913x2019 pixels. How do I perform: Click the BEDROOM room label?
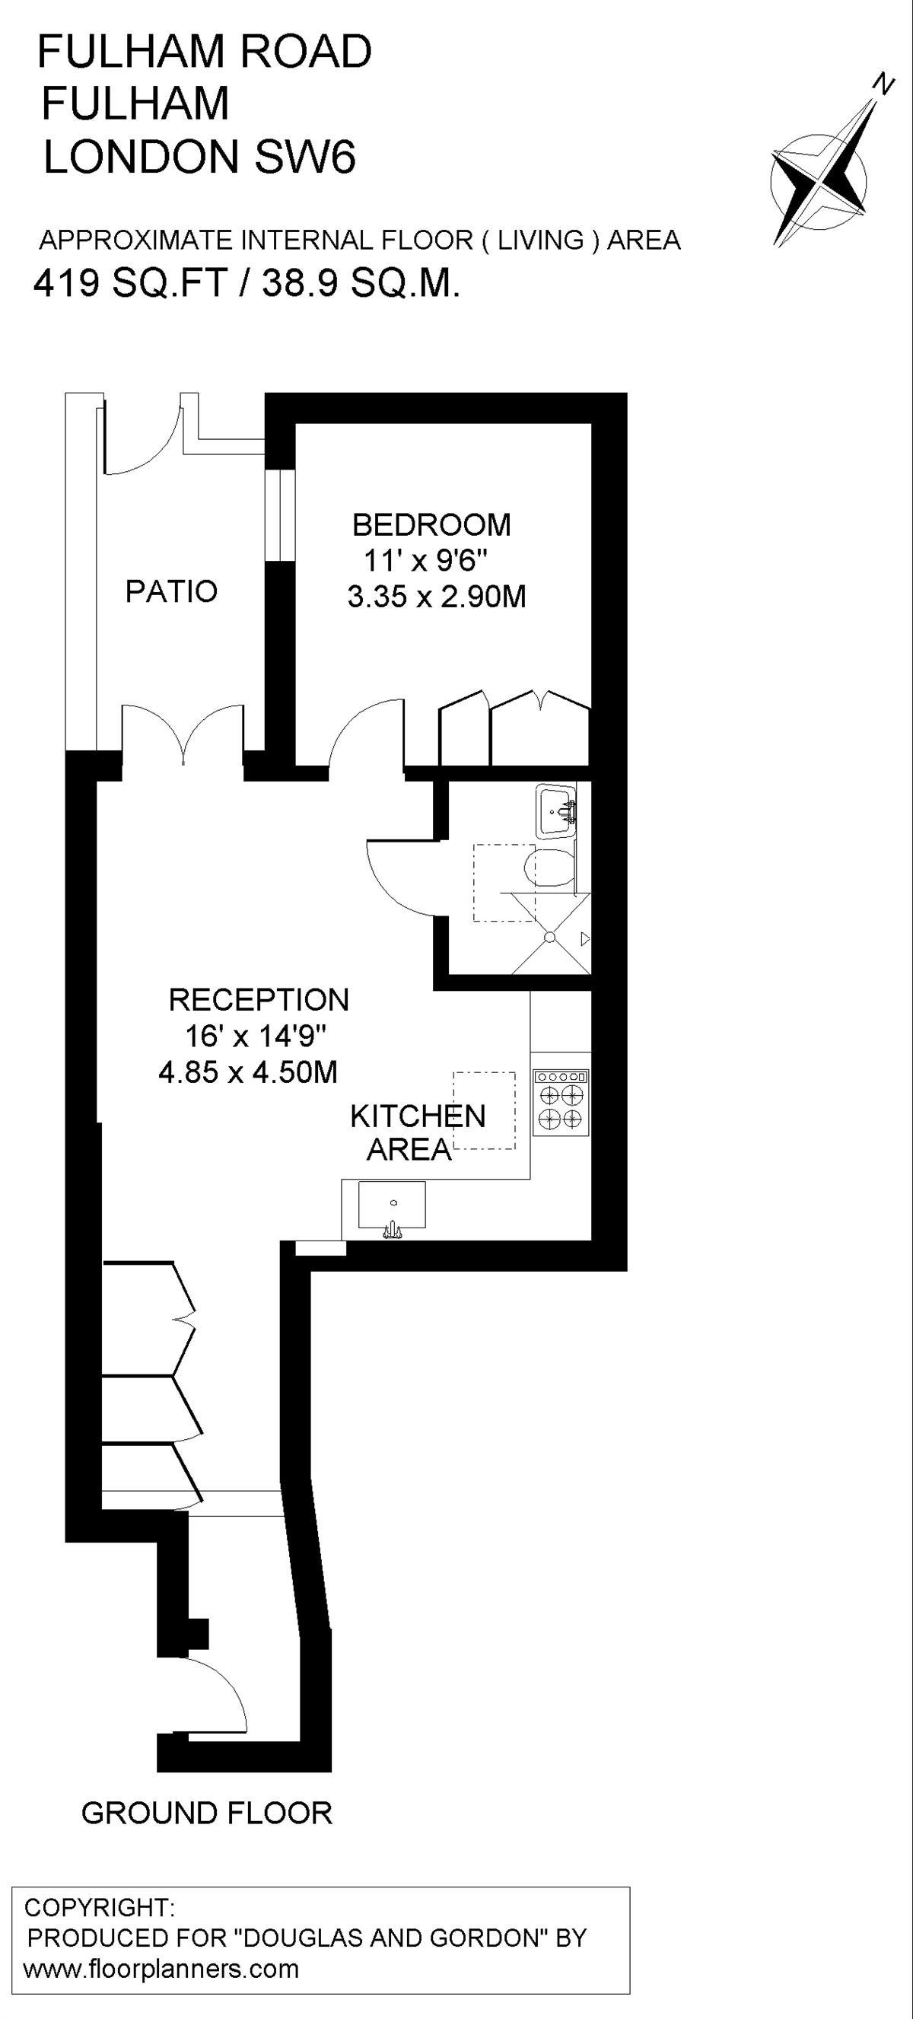tap(432, 524)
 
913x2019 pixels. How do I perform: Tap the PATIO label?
tap(172, 591)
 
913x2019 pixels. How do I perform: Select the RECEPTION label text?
tap(259, 999)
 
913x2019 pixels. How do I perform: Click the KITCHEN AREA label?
tap(418, 1132)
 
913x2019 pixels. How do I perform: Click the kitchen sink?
tap(392, 1207)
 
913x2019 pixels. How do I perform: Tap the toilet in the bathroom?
tap(549, 868)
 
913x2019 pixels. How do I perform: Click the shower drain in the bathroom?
tap(549, 937)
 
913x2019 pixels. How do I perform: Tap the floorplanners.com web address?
tap(161, 1968)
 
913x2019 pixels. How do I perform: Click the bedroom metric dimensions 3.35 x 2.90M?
tap(437, 597)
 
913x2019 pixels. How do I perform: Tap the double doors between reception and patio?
tap(183, 734)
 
